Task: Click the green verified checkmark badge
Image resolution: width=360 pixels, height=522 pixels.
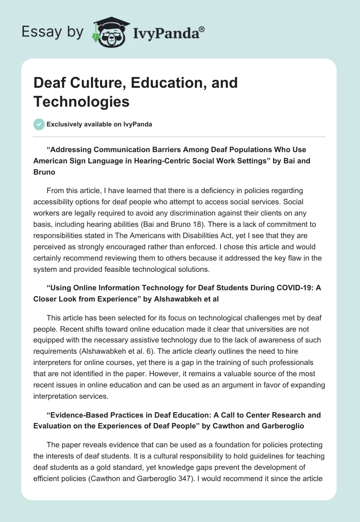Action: [x=39, y=124]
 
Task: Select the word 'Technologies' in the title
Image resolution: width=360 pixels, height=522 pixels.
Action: [x=81, y=102]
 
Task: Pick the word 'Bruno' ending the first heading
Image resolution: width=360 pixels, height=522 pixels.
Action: [x=44, y=171]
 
